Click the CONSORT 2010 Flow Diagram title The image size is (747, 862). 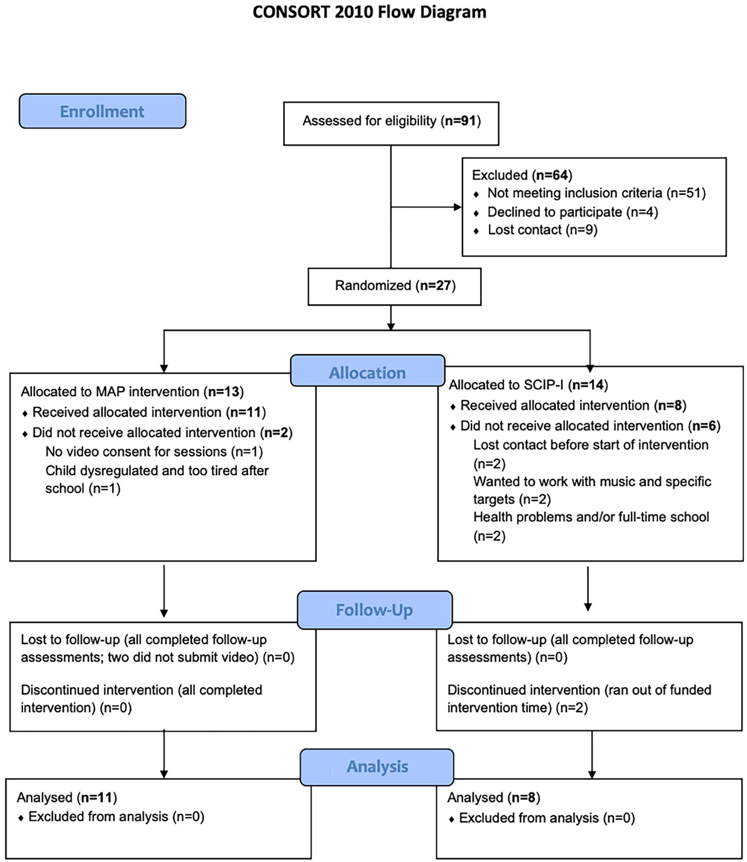click(x=369, y=12)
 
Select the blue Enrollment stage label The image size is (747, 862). click(x=103, y=111)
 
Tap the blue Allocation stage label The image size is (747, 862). click(x=367, y=370)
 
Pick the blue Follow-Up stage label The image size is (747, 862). click(x=374, y=610)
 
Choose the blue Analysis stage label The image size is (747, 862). click(x=377, y=767)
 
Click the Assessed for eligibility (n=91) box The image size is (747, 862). click(x=391, y=123)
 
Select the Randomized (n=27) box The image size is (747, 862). click(x=394, y=287)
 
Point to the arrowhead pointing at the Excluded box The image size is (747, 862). click(x=458, y=207)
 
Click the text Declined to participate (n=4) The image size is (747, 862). click(x=573, y=212)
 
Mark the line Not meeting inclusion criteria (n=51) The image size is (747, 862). click(x=597, y=193)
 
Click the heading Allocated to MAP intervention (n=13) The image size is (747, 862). click(x=132, y=391)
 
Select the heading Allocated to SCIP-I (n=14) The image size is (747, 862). click(x=528, y=384)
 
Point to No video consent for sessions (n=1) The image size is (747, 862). click(x=154, y=452)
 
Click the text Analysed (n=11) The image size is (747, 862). click(x=67, y=797)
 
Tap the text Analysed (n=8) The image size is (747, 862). click(x=494, y=797)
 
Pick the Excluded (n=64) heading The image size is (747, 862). click(x=522, y=175)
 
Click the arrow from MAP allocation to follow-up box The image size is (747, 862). click(x=164, y=591)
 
